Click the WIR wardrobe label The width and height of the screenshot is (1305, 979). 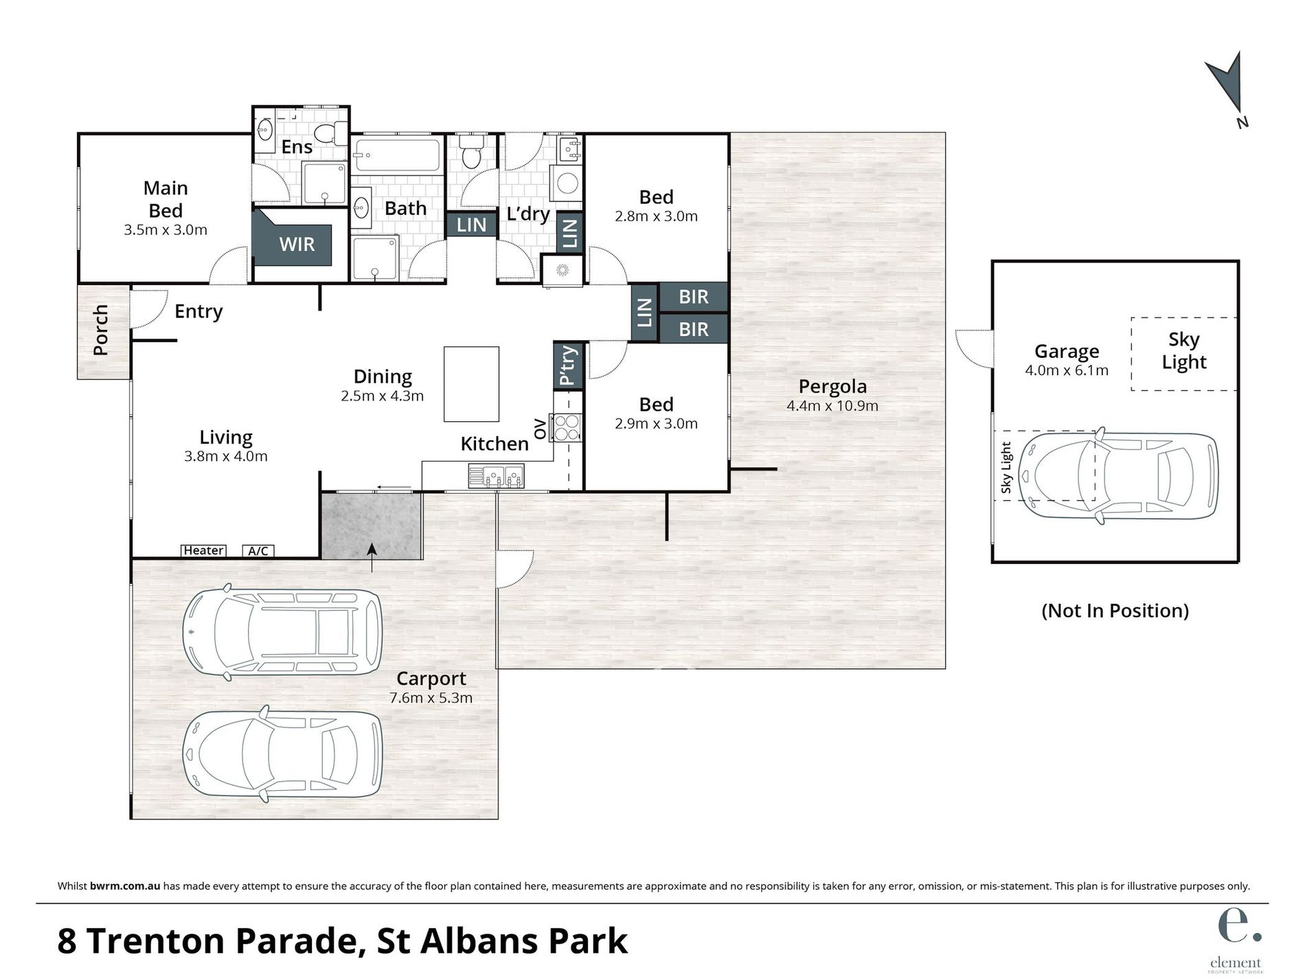tap(297, 244)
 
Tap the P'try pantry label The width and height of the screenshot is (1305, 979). tap(569, 365)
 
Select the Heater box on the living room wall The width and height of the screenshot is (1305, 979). tap(203, 550)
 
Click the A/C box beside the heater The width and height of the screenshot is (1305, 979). tap(258, 550)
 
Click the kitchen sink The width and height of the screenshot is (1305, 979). tap(496, 475)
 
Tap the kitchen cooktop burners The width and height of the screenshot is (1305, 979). tap(567, 427)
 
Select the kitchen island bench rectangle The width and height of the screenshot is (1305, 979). tap(471, 384)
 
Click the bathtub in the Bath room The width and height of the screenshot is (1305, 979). tap(396, 156)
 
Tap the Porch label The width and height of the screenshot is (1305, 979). tap(101, 330)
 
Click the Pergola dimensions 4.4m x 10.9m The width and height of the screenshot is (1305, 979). tap(832, 406)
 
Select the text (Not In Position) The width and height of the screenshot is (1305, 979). tap(1115, 610)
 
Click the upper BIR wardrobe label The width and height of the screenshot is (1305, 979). tap(693, 297)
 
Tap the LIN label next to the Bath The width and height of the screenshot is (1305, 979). tap(471, 225)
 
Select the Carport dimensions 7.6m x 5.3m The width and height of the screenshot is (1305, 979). tap(431, 698)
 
